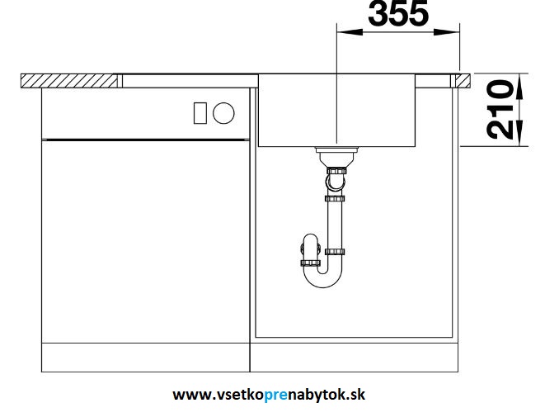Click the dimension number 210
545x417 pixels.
pos(500,109)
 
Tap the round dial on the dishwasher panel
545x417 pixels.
pos(223,113)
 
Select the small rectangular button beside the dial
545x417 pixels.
pos(200,113)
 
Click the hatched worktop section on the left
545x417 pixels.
pos(68,81)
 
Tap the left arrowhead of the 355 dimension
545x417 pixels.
pos(350,32)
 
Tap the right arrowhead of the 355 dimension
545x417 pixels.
pos(447,32)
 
